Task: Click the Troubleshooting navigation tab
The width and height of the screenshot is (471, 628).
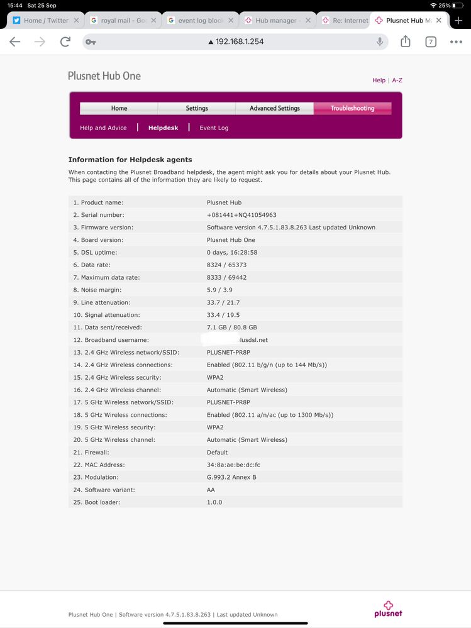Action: click(x=352, y=108)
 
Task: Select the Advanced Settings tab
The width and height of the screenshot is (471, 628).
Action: click(x=274, y=108)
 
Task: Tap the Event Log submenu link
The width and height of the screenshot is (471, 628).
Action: click(x=214, y=128)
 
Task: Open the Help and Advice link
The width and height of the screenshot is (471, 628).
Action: click(x=103, y=128)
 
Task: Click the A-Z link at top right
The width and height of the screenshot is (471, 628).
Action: click(x=397, y=80)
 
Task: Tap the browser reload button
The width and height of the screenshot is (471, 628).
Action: click(x=65, y=42)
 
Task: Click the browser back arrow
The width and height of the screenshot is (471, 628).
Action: click(x=15, y=42)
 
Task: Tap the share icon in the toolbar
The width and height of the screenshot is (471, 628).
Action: click(x=406, y=41)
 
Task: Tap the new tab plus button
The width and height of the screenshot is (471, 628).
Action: click(x=458, y=20)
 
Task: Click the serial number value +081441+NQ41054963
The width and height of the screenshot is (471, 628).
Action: click(x=241, y=215)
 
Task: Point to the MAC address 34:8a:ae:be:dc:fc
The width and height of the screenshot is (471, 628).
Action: click(x=233, y=465)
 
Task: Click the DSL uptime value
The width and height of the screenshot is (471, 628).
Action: click(x=232, y=252)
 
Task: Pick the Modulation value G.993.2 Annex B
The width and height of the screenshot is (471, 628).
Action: click(x=231, y=477)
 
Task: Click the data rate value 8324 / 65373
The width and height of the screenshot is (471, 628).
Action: click(x=226, y=265)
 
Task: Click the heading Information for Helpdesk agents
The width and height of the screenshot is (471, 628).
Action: click(x=130, y=160)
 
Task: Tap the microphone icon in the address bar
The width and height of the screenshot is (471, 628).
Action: click(x=380, y=41)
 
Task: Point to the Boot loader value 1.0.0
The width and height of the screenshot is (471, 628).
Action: click(x=214, y=502)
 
